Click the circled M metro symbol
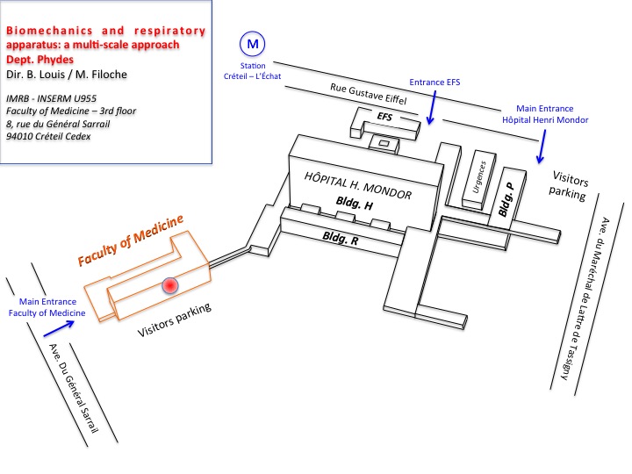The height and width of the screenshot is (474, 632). tap(253, 43)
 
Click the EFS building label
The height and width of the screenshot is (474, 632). tap(384, 116)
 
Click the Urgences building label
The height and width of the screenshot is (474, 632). tap(479, 169)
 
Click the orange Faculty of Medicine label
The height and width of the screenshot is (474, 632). tap(135, 243)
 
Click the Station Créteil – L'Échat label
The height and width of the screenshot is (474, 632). tap(253, 69)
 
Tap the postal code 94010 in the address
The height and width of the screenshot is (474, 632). tap(22, 136)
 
